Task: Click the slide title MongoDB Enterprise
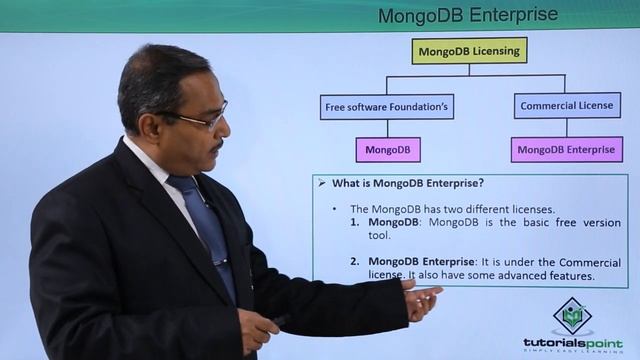468,16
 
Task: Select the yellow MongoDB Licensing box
469,50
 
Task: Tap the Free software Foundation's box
387,106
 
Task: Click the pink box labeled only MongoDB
387,150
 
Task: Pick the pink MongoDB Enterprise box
566,150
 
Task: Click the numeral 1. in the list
356,222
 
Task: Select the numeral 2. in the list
356,262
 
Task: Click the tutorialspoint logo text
572,342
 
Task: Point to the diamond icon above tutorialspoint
572,315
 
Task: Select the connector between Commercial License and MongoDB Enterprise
567,128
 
